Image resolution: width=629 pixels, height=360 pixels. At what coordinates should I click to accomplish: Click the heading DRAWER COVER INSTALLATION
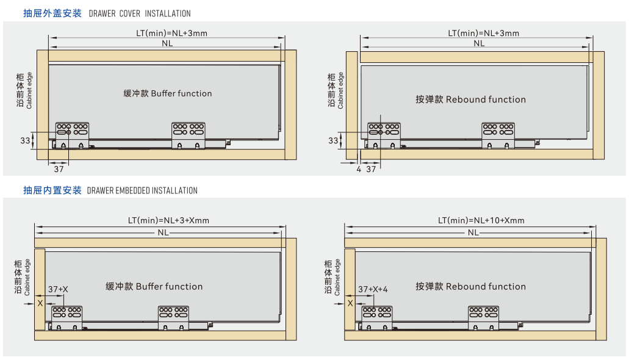140,13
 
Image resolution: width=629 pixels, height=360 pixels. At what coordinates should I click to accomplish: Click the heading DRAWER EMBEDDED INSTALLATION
142,190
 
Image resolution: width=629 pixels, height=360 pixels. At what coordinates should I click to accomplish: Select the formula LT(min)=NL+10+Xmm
481,220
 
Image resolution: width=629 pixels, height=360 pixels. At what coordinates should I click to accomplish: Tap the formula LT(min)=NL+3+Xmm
168,220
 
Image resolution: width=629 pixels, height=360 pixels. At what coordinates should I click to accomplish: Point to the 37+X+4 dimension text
373,289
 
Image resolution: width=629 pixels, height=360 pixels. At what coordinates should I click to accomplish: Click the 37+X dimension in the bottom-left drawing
59,289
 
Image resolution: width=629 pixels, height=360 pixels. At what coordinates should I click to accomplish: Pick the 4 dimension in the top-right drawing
359,169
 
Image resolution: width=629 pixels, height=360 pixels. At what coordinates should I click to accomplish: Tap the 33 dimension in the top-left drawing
25,140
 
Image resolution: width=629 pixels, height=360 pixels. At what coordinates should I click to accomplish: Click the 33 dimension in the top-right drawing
333,140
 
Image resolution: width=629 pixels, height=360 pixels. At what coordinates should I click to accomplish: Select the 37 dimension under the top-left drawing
59,169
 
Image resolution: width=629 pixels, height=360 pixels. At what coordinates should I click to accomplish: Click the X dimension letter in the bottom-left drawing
40,303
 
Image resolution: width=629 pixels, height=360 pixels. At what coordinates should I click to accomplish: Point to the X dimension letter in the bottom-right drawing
350,303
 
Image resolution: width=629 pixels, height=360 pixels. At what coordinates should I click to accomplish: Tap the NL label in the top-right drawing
479,43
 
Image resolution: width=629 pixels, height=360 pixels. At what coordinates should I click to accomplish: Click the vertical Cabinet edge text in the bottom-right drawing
337,277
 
